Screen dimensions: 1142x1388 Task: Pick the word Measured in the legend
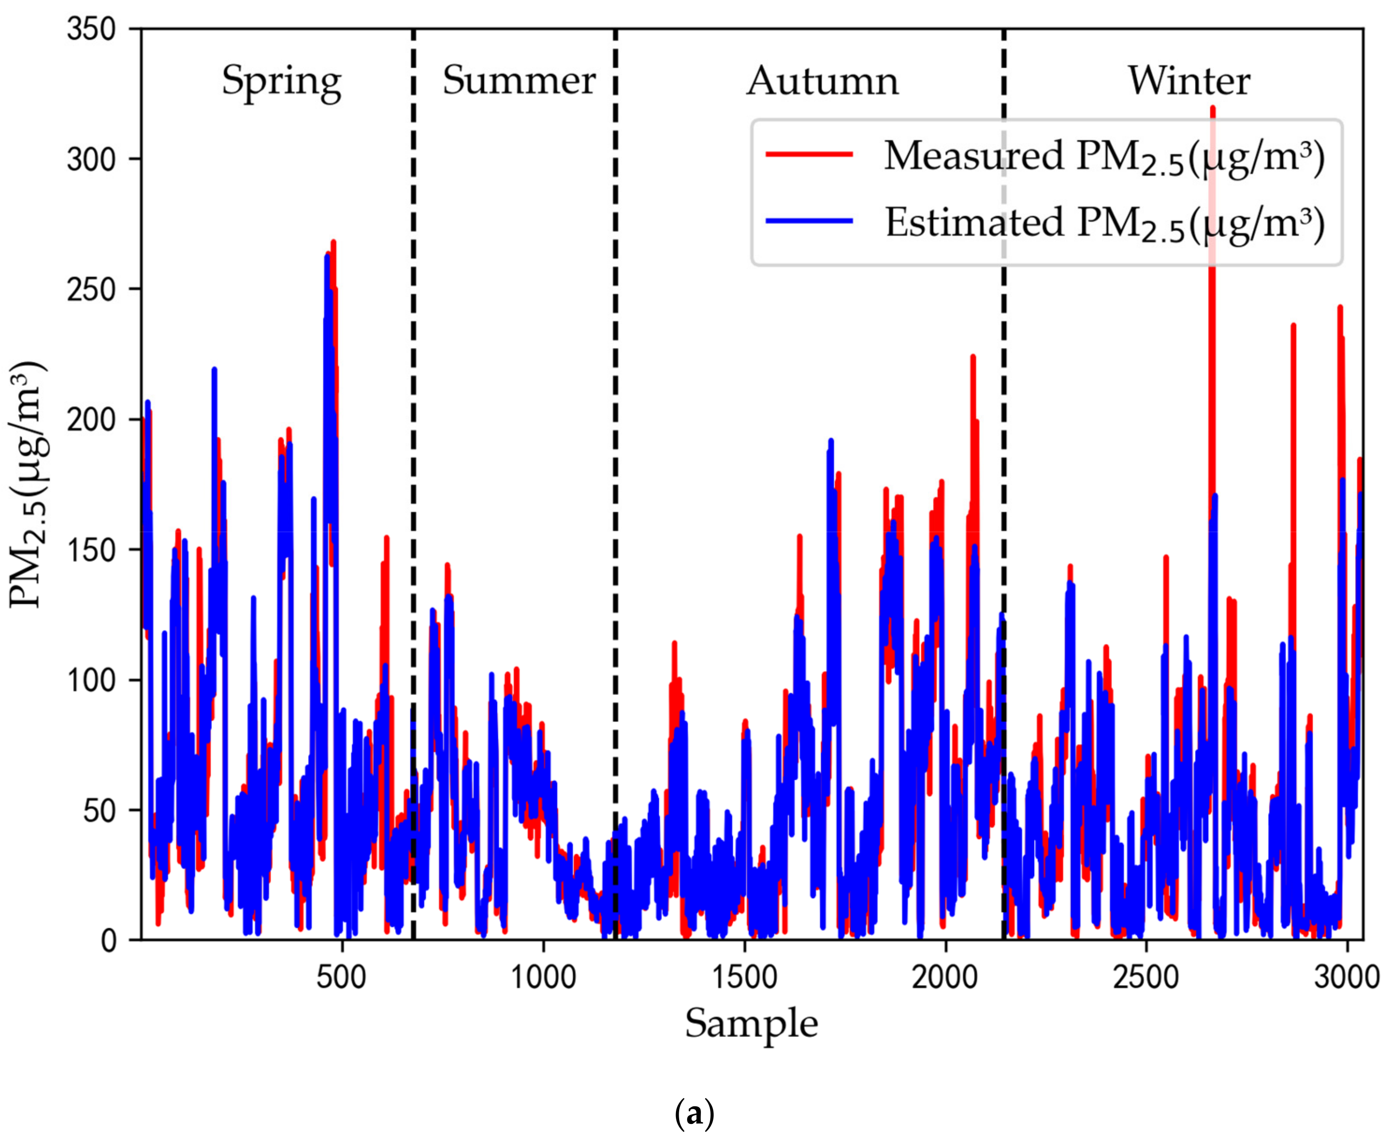973,156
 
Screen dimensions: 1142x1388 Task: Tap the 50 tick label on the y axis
99,810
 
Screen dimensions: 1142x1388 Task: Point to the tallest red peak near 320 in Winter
1212,112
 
